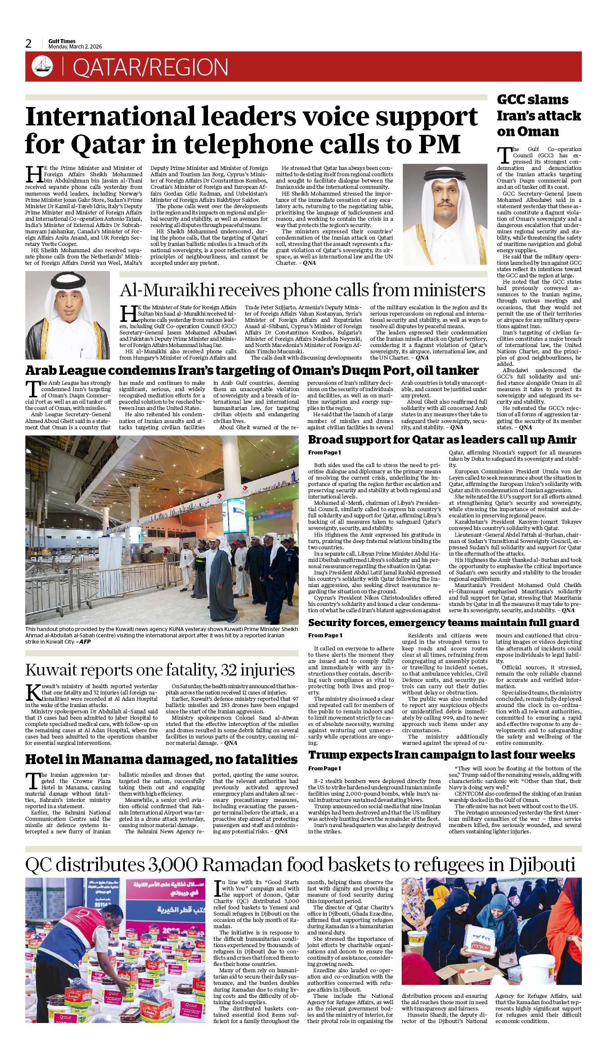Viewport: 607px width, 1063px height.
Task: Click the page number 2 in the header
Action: [x=29, y=44]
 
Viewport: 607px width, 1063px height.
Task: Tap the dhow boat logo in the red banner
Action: [x=42, y=67]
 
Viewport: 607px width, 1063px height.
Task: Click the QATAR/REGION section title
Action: [x=151, y=67]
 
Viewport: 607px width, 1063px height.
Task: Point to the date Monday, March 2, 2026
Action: [x=75, y=47]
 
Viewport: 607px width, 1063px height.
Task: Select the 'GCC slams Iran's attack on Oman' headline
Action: [x=539, y=116]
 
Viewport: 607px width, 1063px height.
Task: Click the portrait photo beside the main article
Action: [x=445, y=214]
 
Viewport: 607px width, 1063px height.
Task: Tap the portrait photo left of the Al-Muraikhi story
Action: [x=67, y=315]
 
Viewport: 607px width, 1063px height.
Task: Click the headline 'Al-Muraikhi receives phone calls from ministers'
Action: [x=302, y=290]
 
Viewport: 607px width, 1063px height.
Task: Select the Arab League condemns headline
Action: [x=252, y=370]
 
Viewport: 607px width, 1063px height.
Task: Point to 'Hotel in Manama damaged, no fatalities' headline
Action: [x=161, y=760]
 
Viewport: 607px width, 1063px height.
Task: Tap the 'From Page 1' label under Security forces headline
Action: [x=325, y=636]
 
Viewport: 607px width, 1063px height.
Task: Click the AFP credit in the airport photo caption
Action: [x=85, y=642]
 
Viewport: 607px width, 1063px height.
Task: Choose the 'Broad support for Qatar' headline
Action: [x=442, y=440]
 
